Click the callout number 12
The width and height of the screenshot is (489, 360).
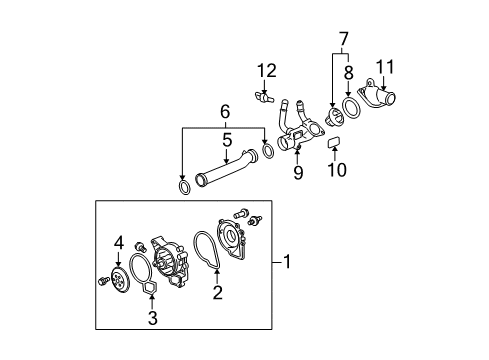(267, 71)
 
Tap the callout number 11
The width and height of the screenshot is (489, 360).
(385, 67)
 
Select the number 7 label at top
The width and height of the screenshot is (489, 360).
(344, 39)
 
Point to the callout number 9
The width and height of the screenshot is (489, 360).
(298, 172)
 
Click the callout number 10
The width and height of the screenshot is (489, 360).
(337, 169)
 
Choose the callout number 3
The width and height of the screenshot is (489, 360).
(153, 318)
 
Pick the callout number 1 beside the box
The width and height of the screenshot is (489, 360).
(287, 262)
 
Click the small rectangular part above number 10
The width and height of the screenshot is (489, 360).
(334, 142)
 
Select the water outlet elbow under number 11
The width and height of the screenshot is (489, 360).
(377, 95)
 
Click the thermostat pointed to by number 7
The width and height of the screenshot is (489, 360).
(334, 117)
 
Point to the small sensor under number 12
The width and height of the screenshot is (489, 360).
(263, 97)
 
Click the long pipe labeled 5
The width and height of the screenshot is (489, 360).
(227, 168)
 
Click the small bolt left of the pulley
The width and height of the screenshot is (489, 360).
(103, 281)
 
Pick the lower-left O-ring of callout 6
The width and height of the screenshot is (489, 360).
(184, 187)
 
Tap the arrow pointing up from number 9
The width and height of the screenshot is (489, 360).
(297, 157)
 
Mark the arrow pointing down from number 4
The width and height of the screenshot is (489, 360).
(118, 259)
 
